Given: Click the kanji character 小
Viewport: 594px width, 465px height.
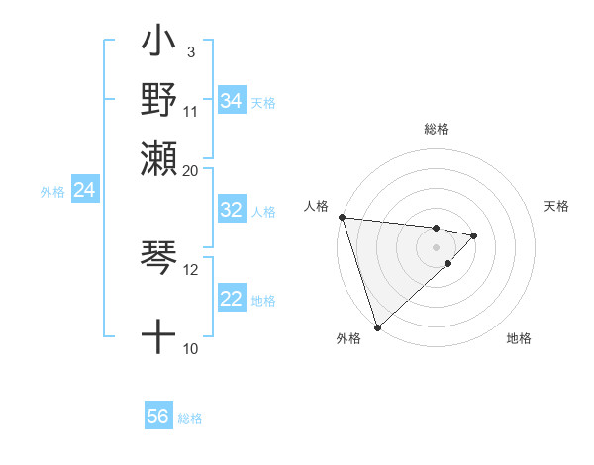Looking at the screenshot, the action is point(158,46).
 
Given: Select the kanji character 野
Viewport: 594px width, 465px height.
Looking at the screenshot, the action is point(158,100).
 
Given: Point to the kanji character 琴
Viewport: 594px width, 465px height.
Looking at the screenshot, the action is point(158,258).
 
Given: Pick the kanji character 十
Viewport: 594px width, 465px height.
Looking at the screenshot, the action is point(158,336).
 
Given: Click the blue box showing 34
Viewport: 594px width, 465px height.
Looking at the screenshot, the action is point(231,101).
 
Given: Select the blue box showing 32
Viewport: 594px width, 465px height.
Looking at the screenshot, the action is point(231,210).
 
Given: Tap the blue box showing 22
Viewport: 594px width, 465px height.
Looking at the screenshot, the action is point(231,300).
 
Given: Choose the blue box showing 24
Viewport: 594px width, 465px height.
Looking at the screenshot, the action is point(84,190).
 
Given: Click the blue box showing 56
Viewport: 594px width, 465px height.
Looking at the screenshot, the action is point(157,417).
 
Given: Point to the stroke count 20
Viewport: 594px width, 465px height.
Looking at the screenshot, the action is point(191,171).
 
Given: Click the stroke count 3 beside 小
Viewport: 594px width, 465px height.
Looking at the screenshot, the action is point(190,51).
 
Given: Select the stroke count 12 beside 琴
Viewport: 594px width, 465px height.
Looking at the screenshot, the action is point(191,268).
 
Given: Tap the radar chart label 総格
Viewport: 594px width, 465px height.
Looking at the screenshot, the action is point(437,129).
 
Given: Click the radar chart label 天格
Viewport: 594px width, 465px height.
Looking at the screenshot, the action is point(556,206).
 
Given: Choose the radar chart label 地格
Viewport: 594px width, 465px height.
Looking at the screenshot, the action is point(519,338).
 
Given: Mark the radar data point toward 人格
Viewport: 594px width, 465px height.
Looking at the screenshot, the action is point(342,217).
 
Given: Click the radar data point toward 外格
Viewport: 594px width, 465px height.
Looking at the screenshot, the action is point(377,326).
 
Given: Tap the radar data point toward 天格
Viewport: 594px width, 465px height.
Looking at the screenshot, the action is point(474,235).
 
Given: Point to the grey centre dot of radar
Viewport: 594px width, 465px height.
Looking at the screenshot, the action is point(437,247).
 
